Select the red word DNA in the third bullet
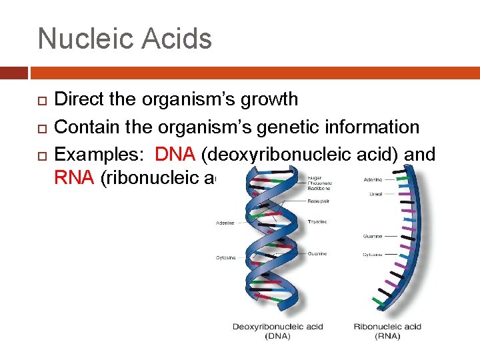tap(175, 155)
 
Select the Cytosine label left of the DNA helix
tap(225, 257)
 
